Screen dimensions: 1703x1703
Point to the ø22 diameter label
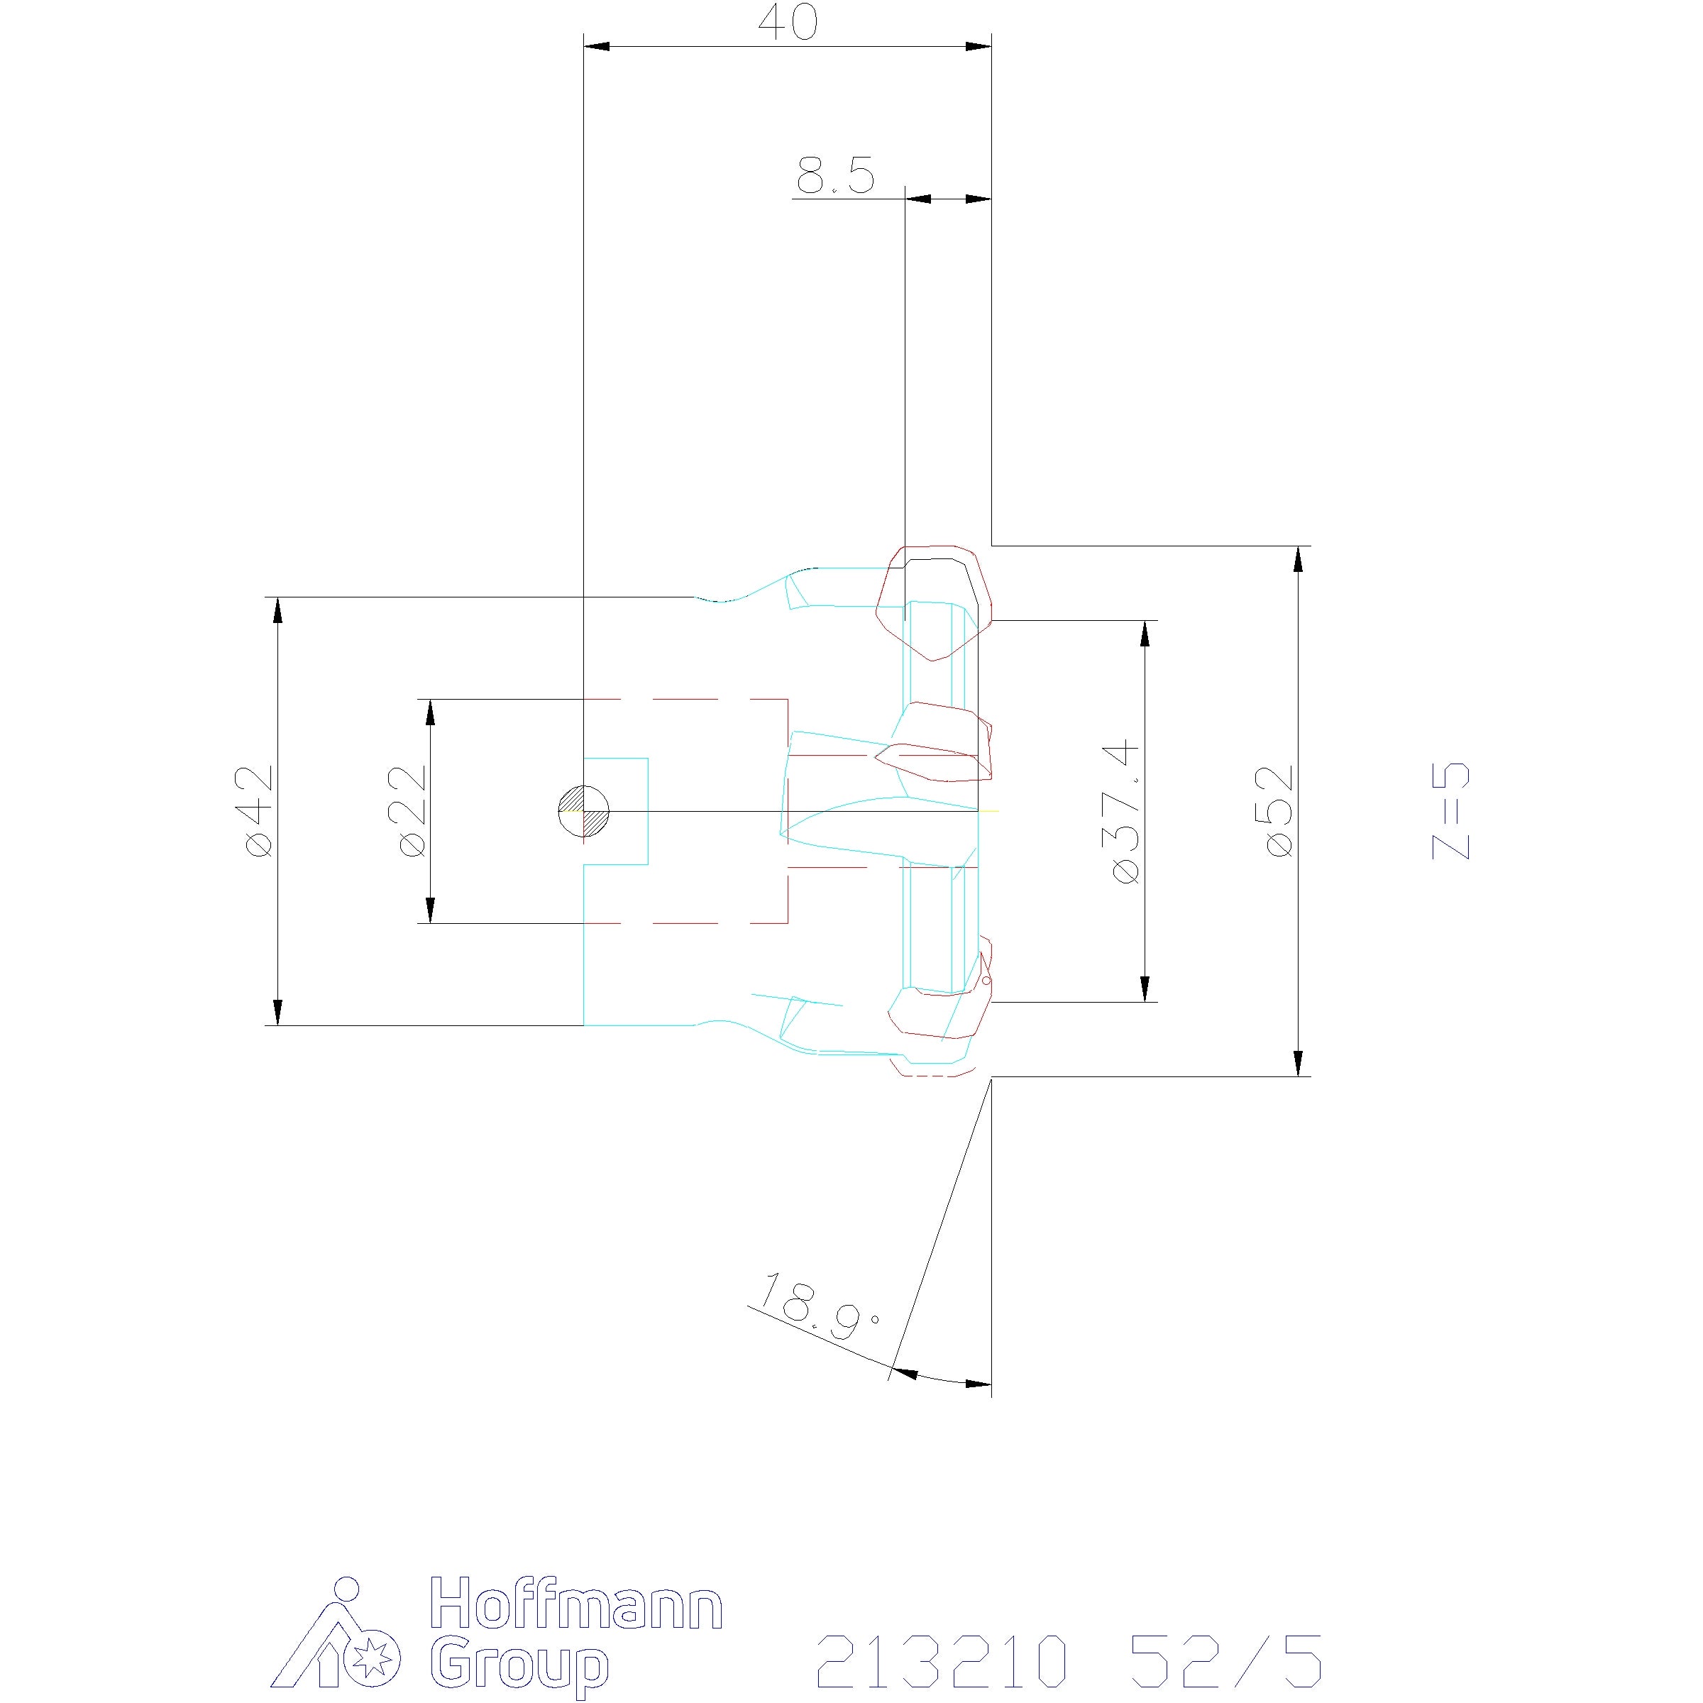[x=412, y=811]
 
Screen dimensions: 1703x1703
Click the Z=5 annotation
[x=1451, y=811]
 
